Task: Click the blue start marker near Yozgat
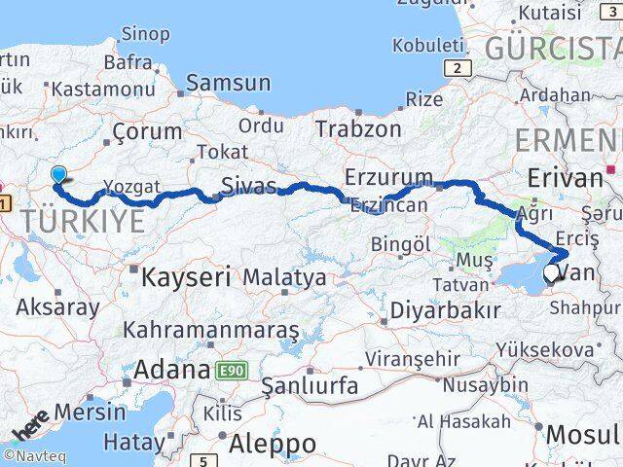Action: click(x=59, y=175)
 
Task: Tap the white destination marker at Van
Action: click(x=551, y=274)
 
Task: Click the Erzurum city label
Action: click(x=388, y=177)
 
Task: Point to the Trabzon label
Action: click(x=358, y=128)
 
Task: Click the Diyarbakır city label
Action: click(x=445, y=310)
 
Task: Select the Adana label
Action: click(x=173, y=370)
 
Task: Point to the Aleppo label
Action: click(x=273, y=445)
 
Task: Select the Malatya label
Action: click(x=284, y=278)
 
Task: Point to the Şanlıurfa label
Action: click(x=311, y=385)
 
